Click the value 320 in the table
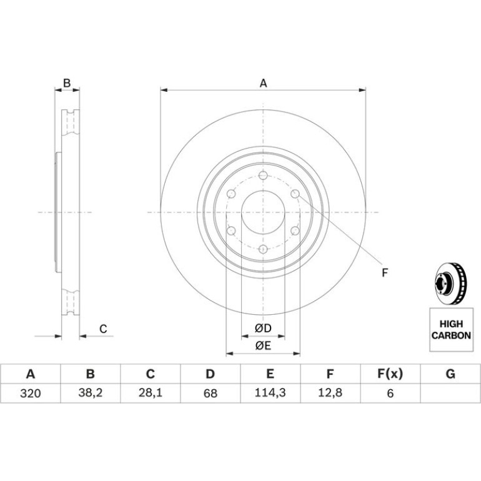tap(31, 394)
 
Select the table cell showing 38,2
tap(90, 393)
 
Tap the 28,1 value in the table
tap(151, 393)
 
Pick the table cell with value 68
tap(210, 394)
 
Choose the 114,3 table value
tap(270, 393)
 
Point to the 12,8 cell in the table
tap(330, 393)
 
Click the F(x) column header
tap(390, 374)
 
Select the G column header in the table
tap(450, 374)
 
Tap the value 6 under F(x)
tap(390, 394)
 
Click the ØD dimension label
tap(263, 328)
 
